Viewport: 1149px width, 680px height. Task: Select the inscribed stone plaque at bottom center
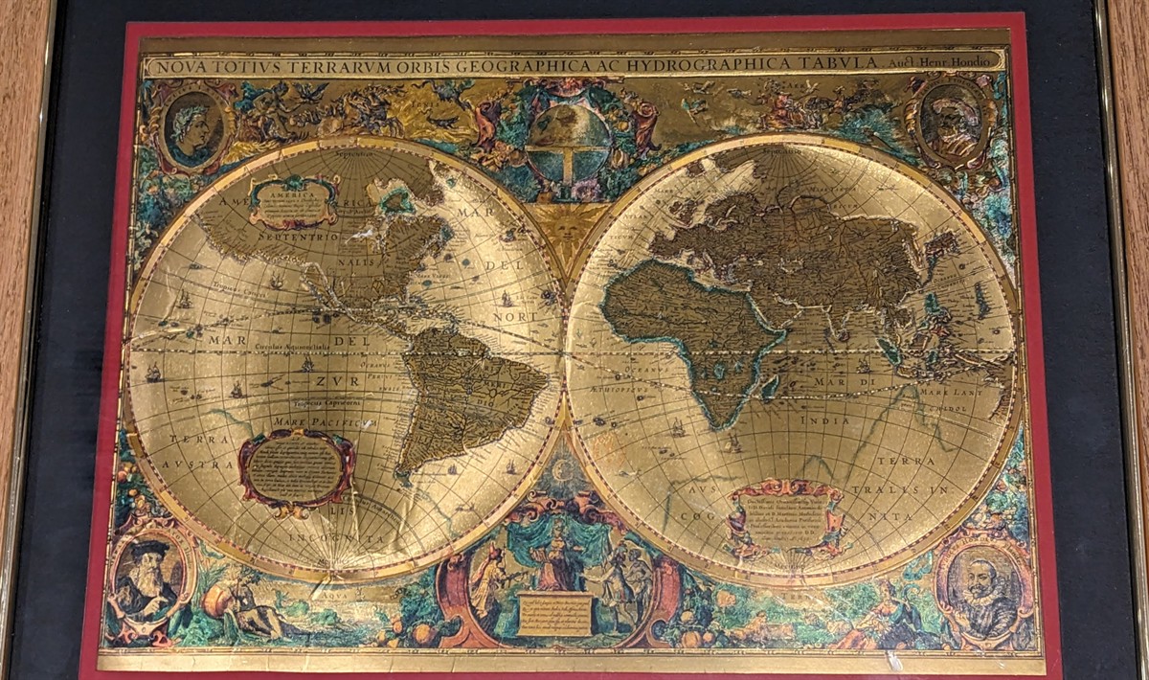tap(555, 614)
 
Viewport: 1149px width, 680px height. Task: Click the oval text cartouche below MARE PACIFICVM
tap(296, 469)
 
